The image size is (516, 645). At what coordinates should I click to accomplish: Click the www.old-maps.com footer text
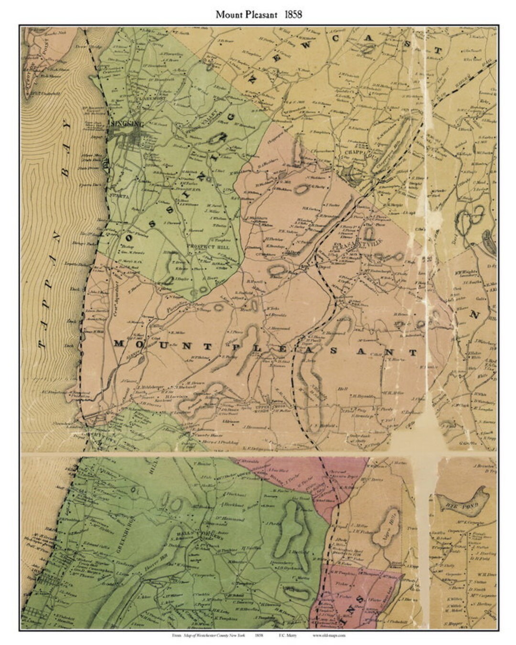tap(329, 635)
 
